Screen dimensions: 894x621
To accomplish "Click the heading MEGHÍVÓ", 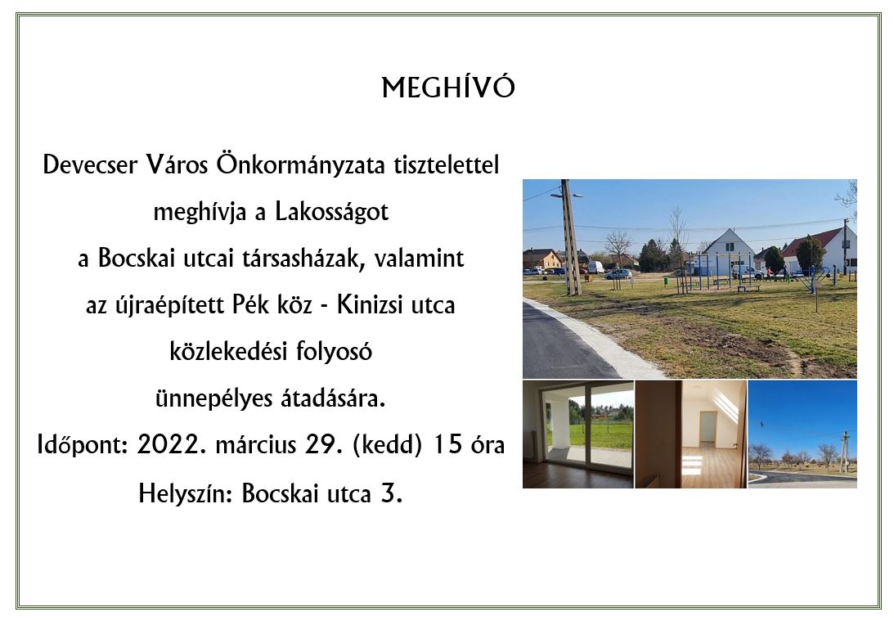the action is [448, 88].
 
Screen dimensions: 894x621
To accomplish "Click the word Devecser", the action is [90, 164].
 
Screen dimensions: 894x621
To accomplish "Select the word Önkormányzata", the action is [301, 164].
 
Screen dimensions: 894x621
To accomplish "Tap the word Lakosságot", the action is [331, 212].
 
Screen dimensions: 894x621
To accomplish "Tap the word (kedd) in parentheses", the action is [388, 445].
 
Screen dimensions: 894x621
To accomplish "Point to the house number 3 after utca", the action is [390, 493].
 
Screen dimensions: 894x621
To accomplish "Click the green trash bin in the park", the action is [666, 281].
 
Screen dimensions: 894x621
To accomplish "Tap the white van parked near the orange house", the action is [595, 267].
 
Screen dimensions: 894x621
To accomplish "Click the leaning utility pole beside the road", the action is [570, 237].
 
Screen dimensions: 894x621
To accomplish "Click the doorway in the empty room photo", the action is [708, 426].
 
